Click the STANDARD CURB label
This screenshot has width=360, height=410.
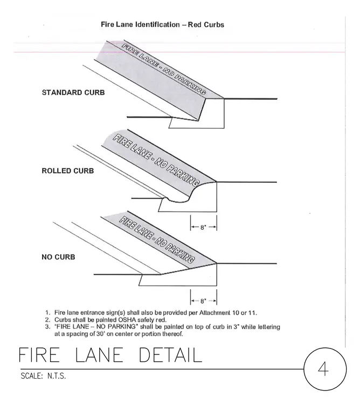pyautogui.click(x=73, y=93)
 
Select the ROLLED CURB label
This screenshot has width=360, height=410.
pyautogui.click(x=68, y=171)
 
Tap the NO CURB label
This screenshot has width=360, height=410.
pyautogui.click(x=58, y=257)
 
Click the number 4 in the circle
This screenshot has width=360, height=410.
pyautogui.click(x=323, y=369)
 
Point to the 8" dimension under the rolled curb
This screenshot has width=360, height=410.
pyautogui.click(x=203, y=228)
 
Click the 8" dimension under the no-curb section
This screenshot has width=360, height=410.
pyautogui.click(x=203, y=301)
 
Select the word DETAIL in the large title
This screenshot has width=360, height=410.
pyautogui.click(x=171, y=355)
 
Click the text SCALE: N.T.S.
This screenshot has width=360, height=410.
pyautogui.click(x=43, y=376)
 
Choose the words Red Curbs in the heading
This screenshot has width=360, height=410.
pyautogui.click(x=206, y=25)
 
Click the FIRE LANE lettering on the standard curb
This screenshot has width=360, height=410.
pyautogui.click(x=140, y=55)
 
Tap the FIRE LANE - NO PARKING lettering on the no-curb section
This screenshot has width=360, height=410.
pyautogui.click(x=157, y=240)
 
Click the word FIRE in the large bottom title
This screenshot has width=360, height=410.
pyautogui.click(x=39, y=355)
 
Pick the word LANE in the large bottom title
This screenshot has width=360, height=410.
pyautogui.click(x=99, y=355)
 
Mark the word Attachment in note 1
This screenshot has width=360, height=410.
pyautogui.click(x=214, y=313)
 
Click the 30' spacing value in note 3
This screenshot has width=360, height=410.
pyautogui.click(x=101, y=334)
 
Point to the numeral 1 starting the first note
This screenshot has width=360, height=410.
pyautogui.click(x=47, y=313)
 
